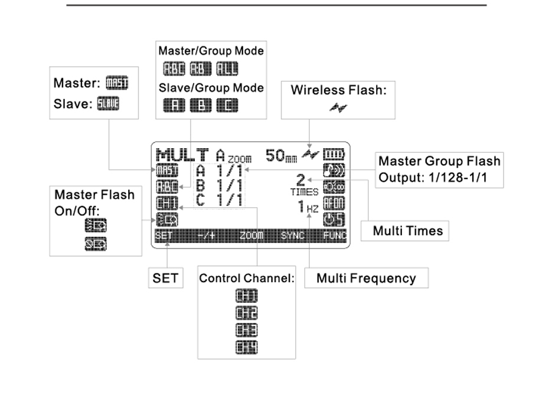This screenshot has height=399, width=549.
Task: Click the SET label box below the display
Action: pyautogui.click(x=165, y=279)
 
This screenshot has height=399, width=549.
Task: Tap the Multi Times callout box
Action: pyautogui.click(x=407, y=230)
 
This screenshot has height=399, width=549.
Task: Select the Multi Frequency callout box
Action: pyautogui.click(x=366, y=278)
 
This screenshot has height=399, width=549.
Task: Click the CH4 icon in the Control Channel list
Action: pyautogui.click(x=247, y=346)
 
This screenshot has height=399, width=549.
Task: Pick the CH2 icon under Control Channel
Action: pyautogui.click(x=247, y=312)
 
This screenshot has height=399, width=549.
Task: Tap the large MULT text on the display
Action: pyautogui.click(x=182, y=155)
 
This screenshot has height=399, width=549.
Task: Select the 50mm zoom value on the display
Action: pyautogui.click(x=282, y=156)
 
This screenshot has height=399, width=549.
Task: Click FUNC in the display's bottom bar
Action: pyautogui.click(x=335, y=236)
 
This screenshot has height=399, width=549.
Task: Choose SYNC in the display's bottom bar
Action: pyautogui.click(x=293, y=236)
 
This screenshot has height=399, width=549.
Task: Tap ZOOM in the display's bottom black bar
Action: pyautogui.click(x=251, y=236)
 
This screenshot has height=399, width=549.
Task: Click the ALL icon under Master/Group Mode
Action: pyautogui.click(x=227, y=68)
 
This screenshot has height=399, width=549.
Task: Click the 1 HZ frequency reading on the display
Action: pyautogui.click(x=308, y=207)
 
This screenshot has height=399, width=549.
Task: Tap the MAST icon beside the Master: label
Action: pyautogui.click(x=116, y=83)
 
